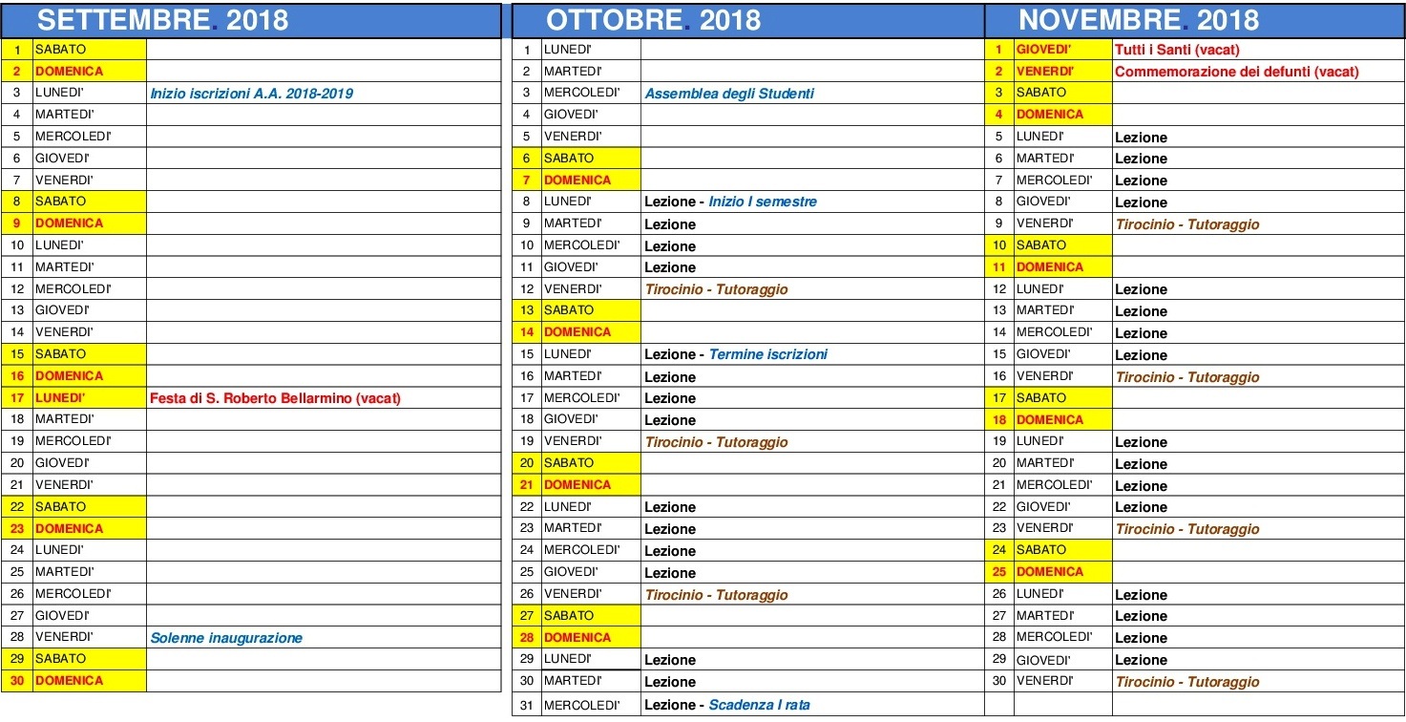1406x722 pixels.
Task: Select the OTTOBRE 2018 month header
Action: pos(653,20)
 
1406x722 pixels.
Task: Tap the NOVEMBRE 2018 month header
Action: pos(1138,20)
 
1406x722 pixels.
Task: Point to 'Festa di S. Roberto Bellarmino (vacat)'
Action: pos(275,398)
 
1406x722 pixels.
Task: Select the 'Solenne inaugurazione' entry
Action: pos(226,638)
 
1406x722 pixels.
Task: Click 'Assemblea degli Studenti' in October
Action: pos(729,94)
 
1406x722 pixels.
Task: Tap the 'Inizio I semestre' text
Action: pos(763,202)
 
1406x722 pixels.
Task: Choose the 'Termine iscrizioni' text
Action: pos(767,354)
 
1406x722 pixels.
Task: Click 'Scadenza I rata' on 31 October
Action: pos(759,705)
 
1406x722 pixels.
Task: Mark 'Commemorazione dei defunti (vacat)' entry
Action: pos(1236,72)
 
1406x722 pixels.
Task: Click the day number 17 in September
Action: pos(17,398)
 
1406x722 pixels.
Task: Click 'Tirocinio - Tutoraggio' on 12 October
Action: pos(716,289)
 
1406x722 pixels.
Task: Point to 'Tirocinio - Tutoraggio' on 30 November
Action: pos(1187,682)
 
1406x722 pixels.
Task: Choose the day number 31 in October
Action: pos(526,706)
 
